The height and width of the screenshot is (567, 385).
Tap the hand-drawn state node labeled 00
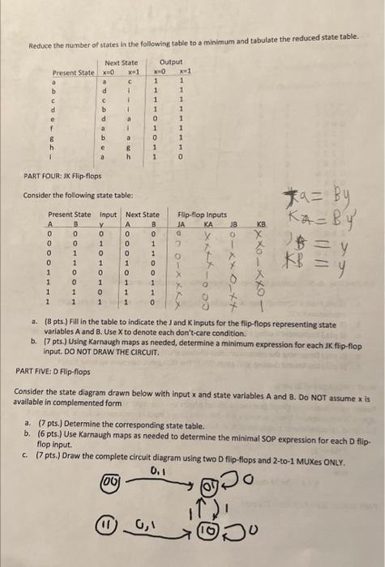tap(109, 481)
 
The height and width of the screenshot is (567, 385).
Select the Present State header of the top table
tap(74, 73)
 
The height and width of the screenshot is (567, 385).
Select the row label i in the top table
tap(54, 157)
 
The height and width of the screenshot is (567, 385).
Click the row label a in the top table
tap(54, 81)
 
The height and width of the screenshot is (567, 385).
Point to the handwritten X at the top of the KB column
tap(260, 232)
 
